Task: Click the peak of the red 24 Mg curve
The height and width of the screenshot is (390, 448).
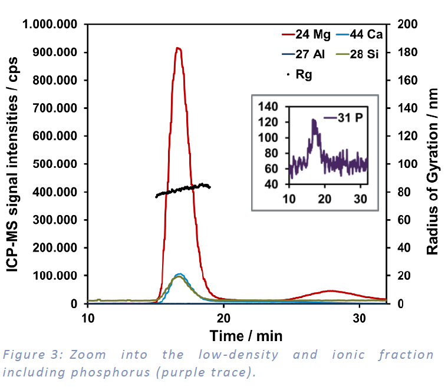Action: [x=178, y=48]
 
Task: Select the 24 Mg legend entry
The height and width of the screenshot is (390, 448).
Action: [x=305, y=34]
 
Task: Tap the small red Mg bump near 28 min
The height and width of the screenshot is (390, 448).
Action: [x=330, y=291]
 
